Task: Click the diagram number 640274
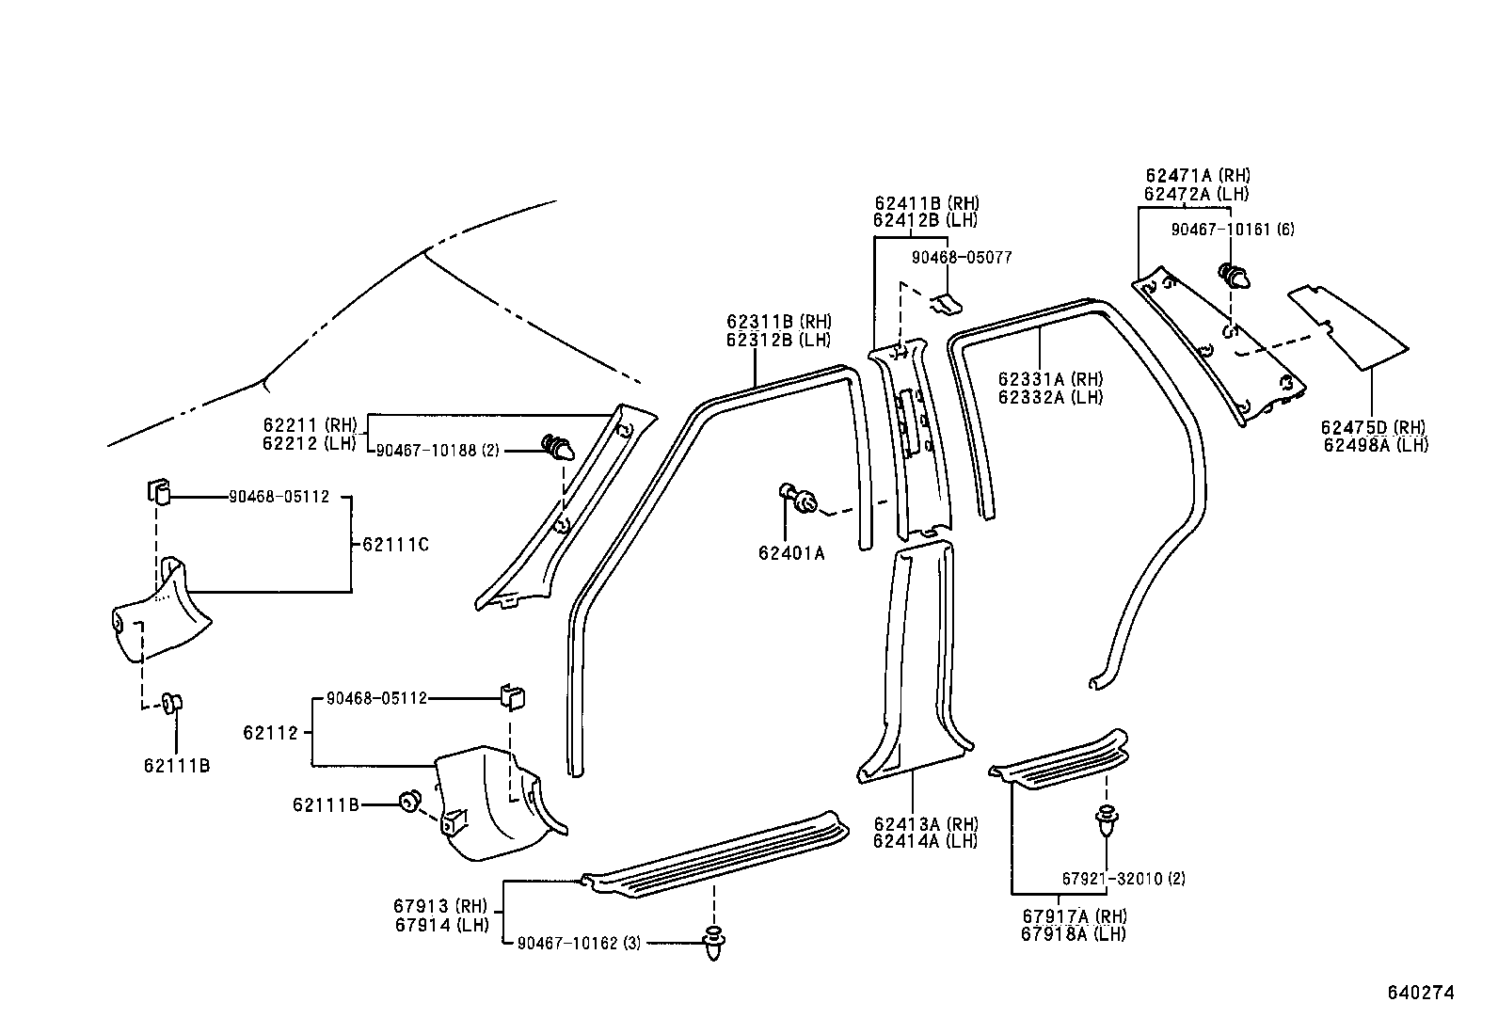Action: point(1421,993)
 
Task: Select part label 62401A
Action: point(791,553)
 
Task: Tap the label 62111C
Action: point(395,544)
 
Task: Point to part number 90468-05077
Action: point(962,257)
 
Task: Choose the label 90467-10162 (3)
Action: point(579,942)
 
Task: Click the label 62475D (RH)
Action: point(1374,428)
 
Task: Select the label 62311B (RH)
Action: point(778,322)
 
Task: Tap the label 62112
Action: point(270,732)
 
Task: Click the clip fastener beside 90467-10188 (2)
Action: point(559,449)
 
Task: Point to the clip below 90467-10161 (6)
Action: point(1235,276)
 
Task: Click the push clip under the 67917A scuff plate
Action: point(1108,820)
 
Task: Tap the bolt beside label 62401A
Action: point(798,499)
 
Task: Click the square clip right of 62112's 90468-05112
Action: point(512,697)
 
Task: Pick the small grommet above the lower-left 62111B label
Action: point(173,702)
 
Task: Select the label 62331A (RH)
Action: point(1050,379)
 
